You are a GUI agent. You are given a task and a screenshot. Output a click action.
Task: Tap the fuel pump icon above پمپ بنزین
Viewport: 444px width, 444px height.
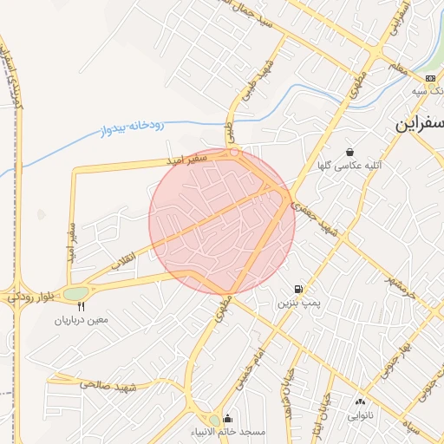pos(299,289)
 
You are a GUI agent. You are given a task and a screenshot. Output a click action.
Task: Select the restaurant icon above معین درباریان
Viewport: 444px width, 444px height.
pos(82,306)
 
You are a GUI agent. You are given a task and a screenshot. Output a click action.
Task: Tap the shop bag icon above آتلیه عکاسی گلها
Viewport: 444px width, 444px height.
pos(349,151)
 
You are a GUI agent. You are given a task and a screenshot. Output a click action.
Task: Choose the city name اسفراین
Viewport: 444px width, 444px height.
pos(421,124)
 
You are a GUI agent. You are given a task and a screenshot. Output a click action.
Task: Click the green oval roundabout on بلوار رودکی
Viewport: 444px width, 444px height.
pos(75,293)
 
